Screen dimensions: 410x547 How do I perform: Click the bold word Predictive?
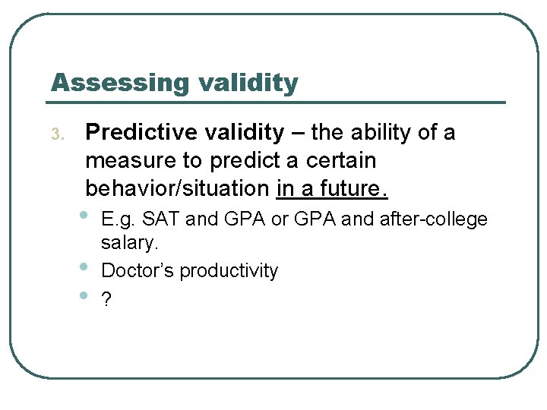click(144, 133)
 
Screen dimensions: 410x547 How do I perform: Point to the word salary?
click(129, 244)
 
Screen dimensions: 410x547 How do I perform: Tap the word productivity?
click(229, 271)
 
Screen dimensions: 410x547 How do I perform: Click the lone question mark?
click(106, 299)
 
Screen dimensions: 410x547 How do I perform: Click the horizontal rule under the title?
click(278, 102)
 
